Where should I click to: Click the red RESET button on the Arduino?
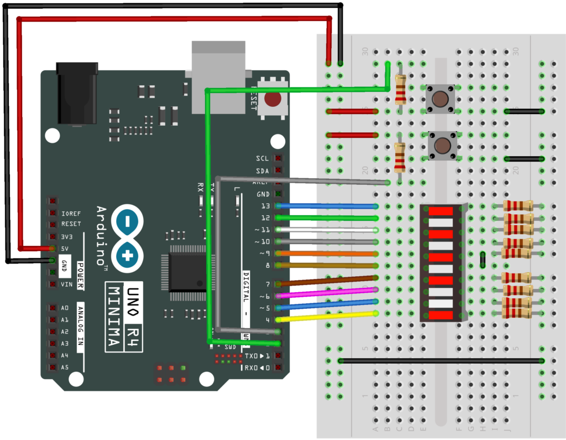click(x=272, y=100)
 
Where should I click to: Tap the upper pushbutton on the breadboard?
click(x=440, y=100)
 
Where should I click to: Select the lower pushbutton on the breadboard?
click(x=442, y=146)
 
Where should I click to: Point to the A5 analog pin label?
click(x=65, y=367)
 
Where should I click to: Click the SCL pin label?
click(x=263, y=158)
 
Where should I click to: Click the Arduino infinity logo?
click(x=128, y=239)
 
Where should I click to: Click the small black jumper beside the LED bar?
click(x=483, y=260)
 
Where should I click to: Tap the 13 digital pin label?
click(x=265, y=206)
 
